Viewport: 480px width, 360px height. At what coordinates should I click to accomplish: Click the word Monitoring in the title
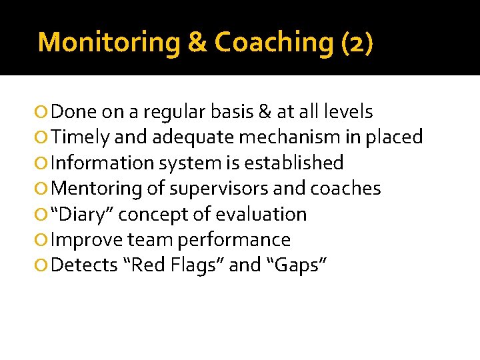coord(109,42)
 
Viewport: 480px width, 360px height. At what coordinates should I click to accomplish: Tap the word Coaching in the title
coord(273,42)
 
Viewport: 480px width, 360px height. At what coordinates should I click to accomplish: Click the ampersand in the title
coord(197,42)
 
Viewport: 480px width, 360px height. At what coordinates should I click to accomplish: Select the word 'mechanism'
coord(287,137)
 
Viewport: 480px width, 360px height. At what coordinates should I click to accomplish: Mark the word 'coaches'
coord(345,189)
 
